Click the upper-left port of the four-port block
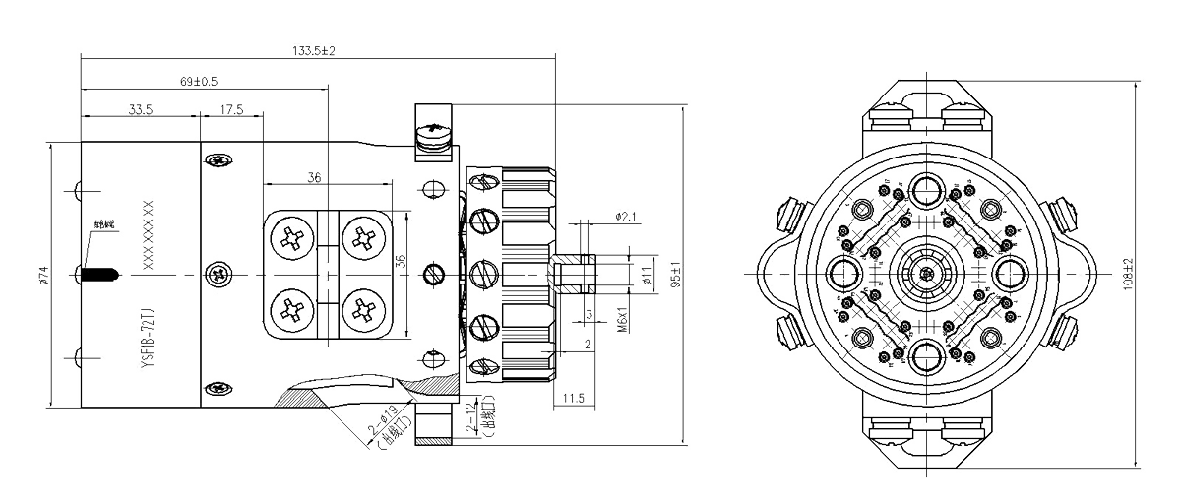[292, 233]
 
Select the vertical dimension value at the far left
[43, 273]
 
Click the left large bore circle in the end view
[843, 271]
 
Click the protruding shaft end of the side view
[576, 273]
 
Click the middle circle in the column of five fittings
[482, 273]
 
